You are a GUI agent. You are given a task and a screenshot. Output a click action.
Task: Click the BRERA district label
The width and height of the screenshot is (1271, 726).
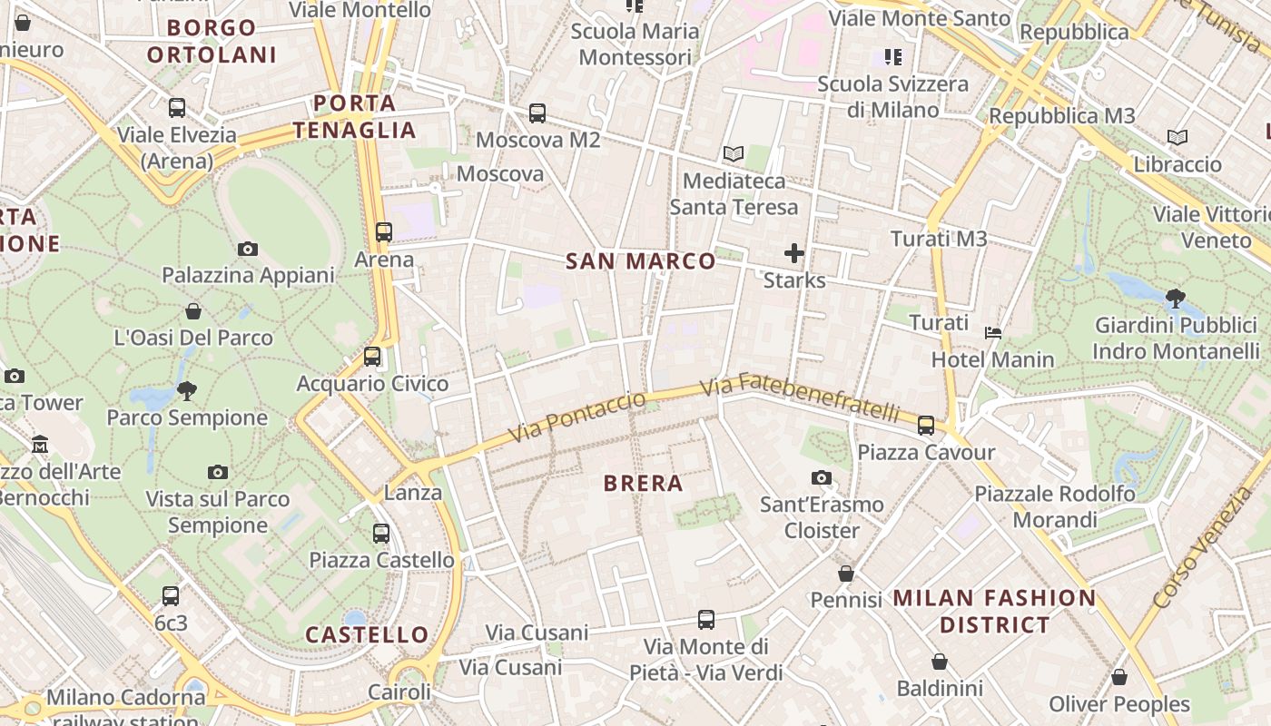click(643, 483)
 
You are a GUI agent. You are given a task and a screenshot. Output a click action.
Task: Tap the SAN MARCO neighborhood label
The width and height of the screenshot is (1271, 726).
click(641, 261)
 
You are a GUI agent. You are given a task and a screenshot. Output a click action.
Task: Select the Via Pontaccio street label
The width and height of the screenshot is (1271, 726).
click(577, 418)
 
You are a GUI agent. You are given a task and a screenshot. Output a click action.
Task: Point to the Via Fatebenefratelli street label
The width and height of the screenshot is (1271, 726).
click(799, 397)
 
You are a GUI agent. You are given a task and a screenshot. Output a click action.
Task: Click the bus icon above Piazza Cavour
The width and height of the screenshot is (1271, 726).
click(926, 426)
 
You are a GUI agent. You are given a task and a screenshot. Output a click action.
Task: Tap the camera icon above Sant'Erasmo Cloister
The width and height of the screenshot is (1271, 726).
click(822, 477)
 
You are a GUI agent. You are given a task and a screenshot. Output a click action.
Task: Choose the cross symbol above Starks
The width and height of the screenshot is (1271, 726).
click(794, 253)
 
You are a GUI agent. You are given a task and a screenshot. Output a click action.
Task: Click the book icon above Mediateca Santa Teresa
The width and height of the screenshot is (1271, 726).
click(733, 154)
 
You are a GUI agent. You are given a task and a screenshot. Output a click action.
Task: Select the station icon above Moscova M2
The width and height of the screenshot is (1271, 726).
click(537, 113)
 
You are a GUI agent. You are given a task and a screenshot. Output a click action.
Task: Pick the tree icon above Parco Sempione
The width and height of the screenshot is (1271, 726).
click(187, 391)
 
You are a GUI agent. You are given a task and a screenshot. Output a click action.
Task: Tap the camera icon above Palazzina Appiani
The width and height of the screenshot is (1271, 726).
click(247, 249)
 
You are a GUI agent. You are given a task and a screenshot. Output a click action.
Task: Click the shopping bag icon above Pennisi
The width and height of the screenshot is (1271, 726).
click(846, 574)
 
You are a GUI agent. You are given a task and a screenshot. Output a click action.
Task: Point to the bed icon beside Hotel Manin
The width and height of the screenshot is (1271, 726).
click(993, 333)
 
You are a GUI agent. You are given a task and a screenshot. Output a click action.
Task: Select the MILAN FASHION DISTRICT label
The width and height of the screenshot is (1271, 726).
click(995, 611)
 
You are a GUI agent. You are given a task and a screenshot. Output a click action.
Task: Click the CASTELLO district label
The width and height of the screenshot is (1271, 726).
click(367, 634)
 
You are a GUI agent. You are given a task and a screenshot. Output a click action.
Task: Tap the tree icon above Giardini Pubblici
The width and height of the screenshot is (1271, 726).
click(1175, 297)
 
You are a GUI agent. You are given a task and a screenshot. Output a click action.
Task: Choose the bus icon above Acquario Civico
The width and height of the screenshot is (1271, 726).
click(372, 357)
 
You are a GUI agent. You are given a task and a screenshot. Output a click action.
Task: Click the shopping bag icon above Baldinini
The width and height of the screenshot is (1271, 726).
click(940, 662)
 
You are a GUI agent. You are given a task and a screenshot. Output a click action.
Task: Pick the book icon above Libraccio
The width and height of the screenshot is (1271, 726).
click(1177, 138)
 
